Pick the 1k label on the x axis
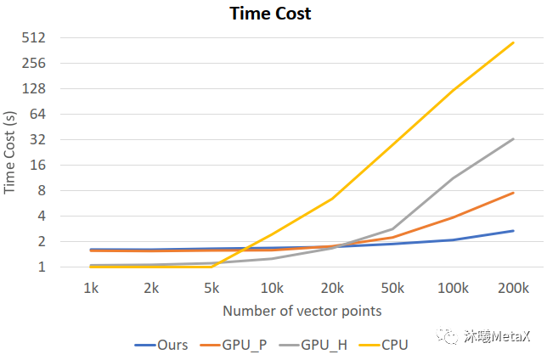91,289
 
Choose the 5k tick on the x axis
211,289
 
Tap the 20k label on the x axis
332,289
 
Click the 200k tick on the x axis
513,289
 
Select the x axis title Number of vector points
302,311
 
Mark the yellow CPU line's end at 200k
514,42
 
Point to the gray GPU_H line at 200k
514,138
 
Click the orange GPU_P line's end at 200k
514,193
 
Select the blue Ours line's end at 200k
514,231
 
